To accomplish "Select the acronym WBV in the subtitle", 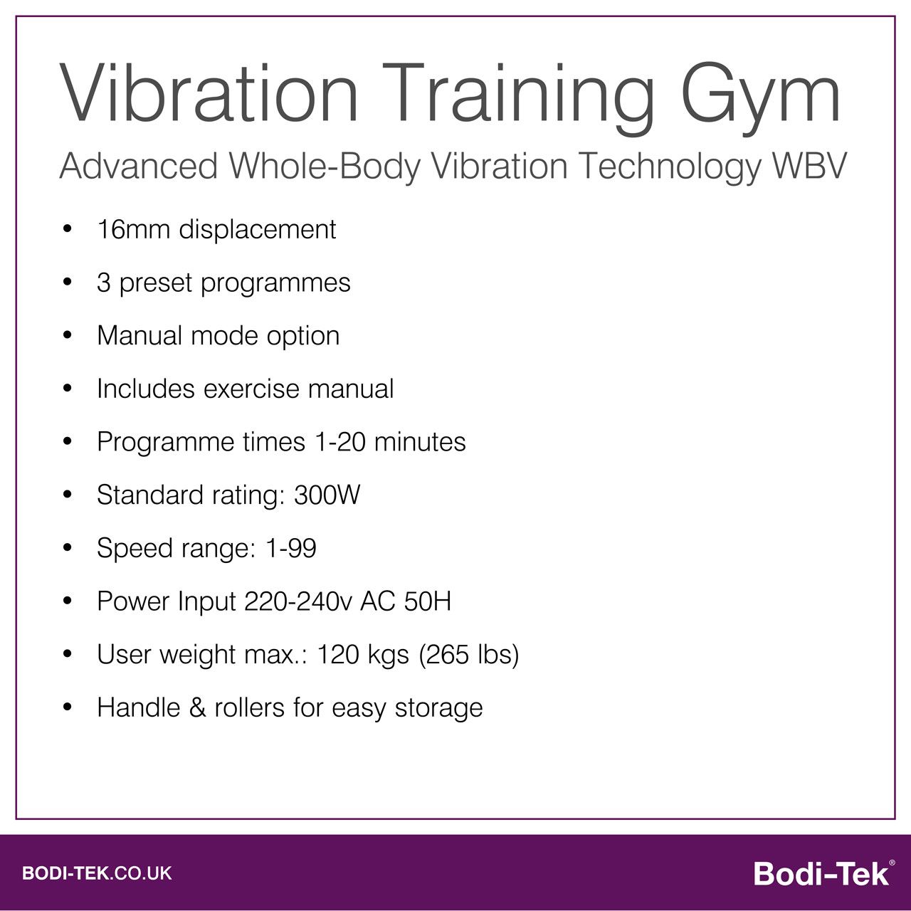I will [x=809, y=167].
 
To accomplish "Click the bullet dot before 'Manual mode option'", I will [x=68, y=336].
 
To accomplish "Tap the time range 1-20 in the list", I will [x=340, y=442].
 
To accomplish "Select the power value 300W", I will [x=327, y=495].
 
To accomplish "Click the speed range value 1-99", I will [x=290, y=548].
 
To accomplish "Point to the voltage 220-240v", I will [x=298, y=601].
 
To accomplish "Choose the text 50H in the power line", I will [x=427, y=601].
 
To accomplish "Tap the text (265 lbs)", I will [x=468, y=654].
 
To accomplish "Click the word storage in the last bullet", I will [x=438, y=708].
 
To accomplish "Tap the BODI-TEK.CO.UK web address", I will [x=97, y=873].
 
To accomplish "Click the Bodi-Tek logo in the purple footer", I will [x=821, y=873].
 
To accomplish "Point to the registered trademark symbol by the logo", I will [x=892, y=862].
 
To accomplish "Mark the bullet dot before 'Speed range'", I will [x=68, y=548].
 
